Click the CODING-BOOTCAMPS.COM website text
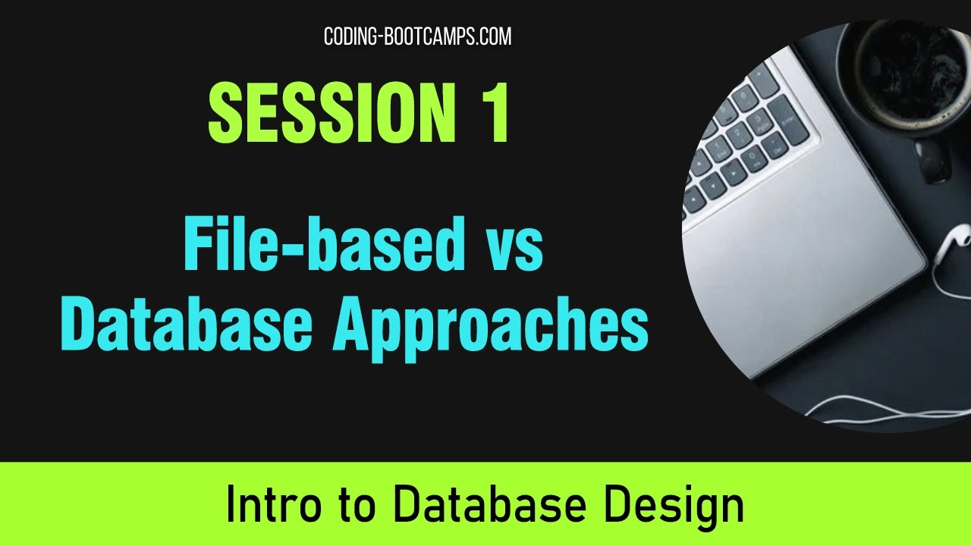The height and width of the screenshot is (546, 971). [417, 36]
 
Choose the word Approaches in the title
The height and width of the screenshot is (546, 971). [489, 328]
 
